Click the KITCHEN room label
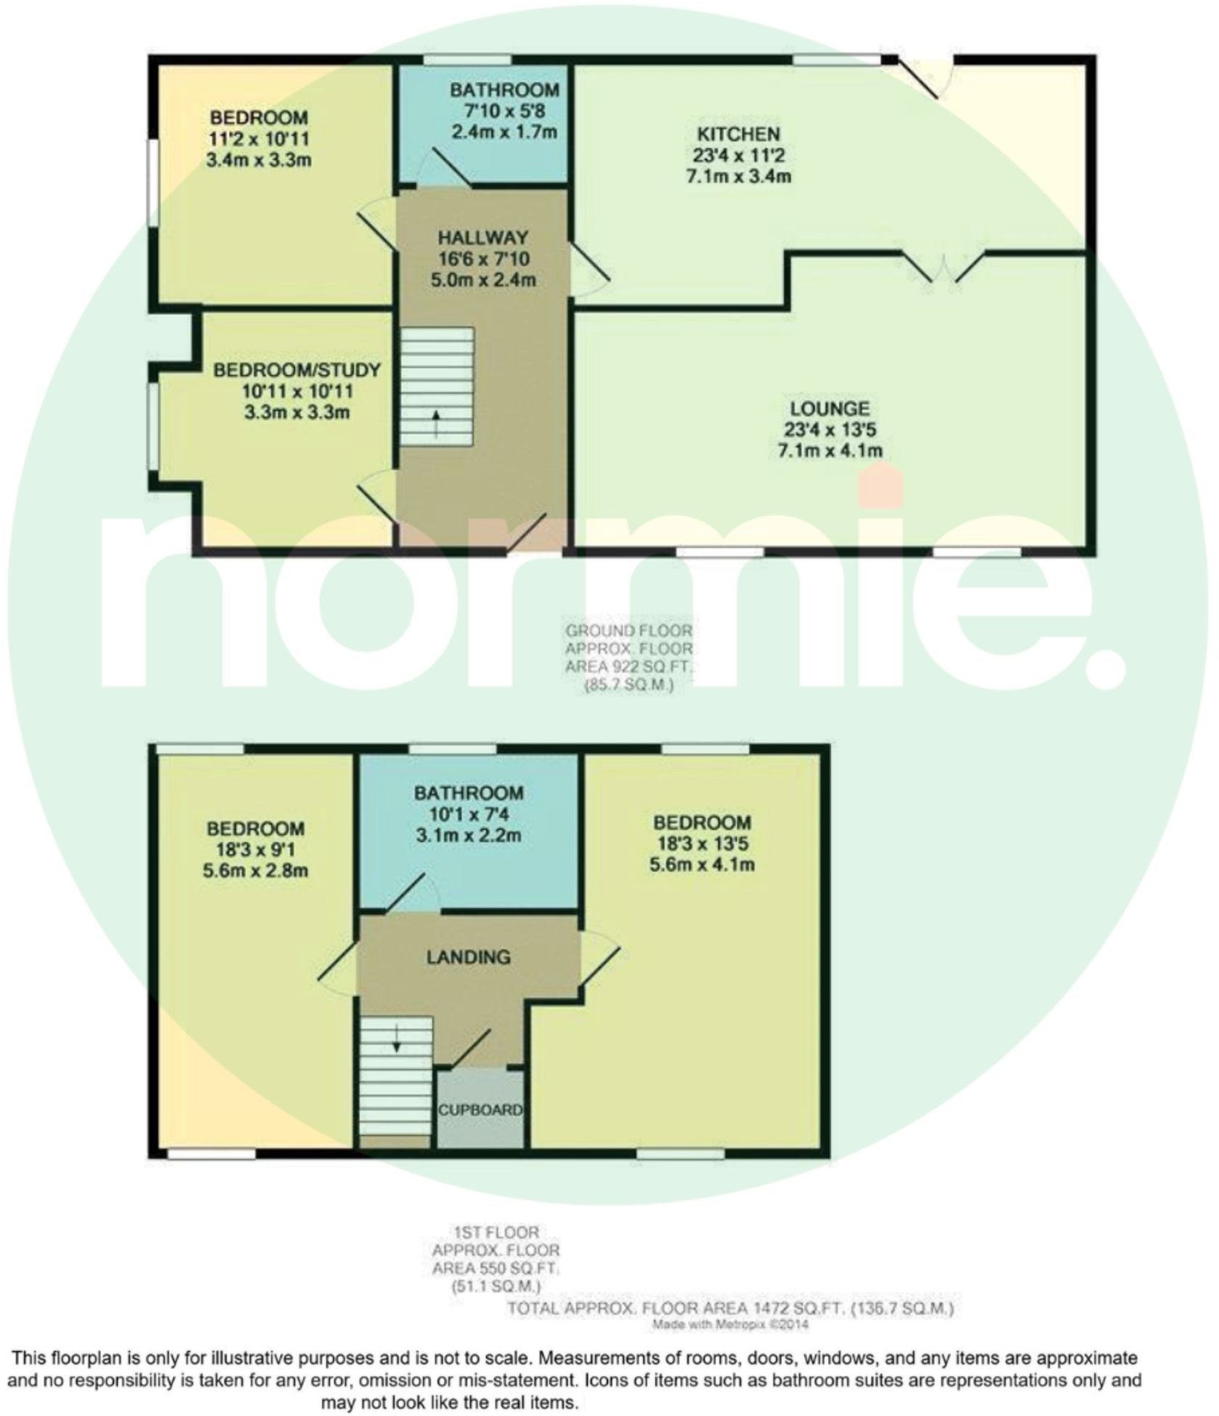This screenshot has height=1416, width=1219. (x=737, y=134)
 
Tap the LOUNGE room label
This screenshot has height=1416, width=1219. (x=829, y=408)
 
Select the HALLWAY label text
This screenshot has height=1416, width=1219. (x=482, y=238)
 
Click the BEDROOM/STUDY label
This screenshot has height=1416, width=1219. (x=297, y=370)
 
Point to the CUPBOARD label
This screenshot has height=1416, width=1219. (x=479, y=1110)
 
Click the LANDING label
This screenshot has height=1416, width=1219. (x=468, y=957)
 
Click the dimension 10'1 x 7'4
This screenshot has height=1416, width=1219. (x=468, y=814)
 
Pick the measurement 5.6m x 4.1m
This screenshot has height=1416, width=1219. (x=701, y=864)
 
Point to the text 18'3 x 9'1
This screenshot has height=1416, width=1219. (x=255, y=849)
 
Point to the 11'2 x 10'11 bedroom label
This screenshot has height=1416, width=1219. (x=258, y=138)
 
